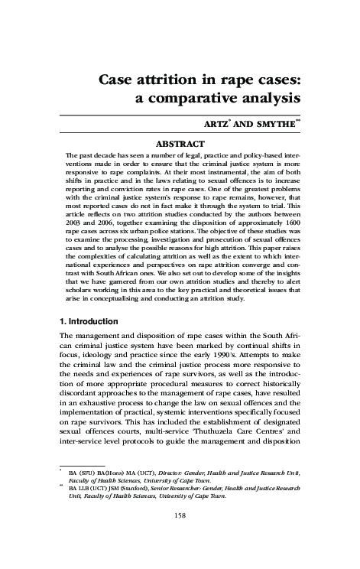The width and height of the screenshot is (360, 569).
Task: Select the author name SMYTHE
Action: [270, 125]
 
